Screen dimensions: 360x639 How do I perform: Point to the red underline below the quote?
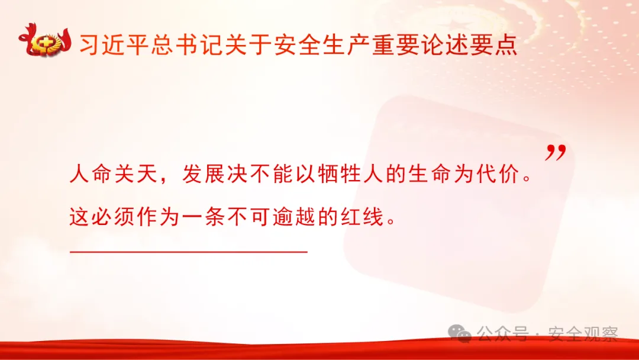point(189,252)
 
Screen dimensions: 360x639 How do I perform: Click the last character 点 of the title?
point(504,44)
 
